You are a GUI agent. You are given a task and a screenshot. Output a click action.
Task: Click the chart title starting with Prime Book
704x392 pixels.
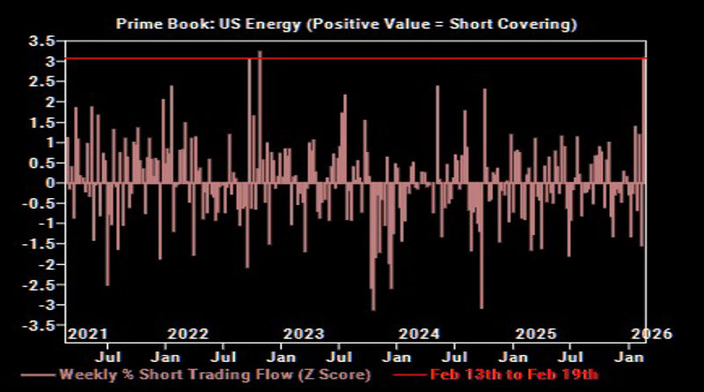[x=347, y=24]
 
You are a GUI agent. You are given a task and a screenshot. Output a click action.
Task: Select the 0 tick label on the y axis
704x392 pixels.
[x=52, y=183]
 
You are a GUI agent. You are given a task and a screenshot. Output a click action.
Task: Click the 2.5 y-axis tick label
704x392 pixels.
[x=44, y=81]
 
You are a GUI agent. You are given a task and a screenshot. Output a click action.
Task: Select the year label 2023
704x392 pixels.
[x=304, y=334]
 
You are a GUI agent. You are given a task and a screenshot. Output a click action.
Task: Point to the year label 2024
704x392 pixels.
[x=419, y=334]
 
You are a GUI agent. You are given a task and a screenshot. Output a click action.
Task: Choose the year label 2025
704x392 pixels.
[x=535, y=334]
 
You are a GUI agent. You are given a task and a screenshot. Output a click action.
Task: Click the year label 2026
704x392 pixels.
[x=651, y=334]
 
